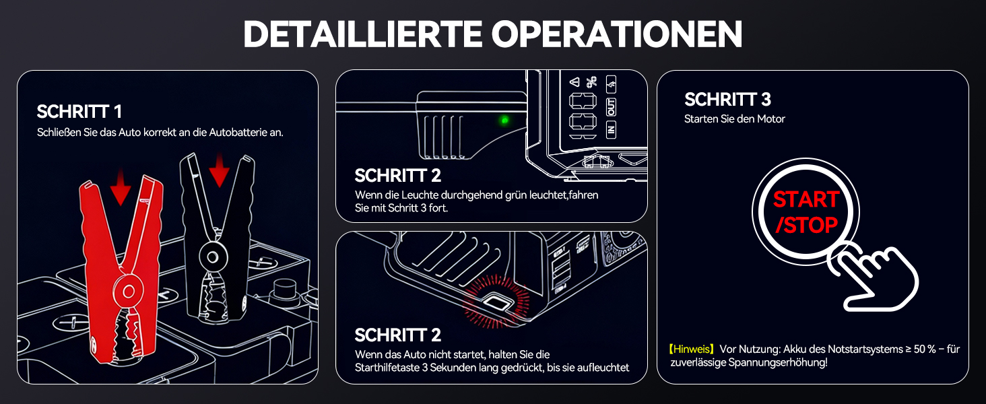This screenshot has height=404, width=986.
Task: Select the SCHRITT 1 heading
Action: coord(79,112)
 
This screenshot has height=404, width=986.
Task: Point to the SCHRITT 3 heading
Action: coord(727,100)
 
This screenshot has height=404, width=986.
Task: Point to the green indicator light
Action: coord(503,121)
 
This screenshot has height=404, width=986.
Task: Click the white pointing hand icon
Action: coord(876,276)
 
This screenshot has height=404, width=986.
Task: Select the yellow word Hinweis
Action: coord(692,349)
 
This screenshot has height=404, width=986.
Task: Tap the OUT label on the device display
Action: coord(612,106)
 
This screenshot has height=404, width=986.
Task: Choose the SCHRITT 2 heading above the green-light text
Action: coord(397,176)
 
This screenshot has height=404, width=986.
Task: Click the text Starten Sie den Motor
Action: coord(735,119)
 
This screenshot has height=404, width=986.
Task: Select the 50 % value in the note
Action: coord(923,349)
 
